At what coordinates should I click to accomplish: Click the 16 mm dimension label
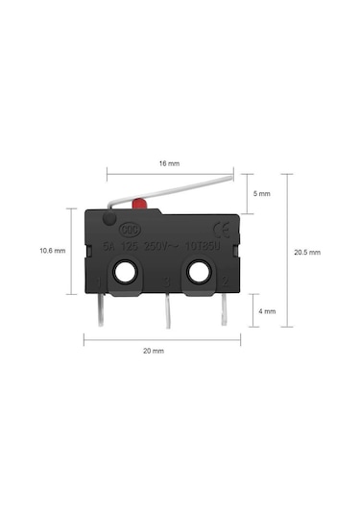pos(169,162)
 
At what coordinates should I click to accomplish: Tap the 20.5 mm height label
pos(307,252)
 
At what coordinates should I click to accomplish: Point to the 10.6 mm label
pos(52,251)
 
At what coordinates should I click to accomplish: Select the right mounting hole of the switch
pos(199,274)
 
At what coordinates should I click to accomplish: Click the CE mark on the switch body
pos(220,229)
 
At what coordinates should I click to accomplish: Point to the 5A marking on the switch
pos(108,247)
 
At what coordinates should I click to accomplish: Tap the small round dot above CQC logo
pos(108,220)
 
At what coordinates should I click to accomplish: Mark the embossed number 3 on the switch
pos(165,281)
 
